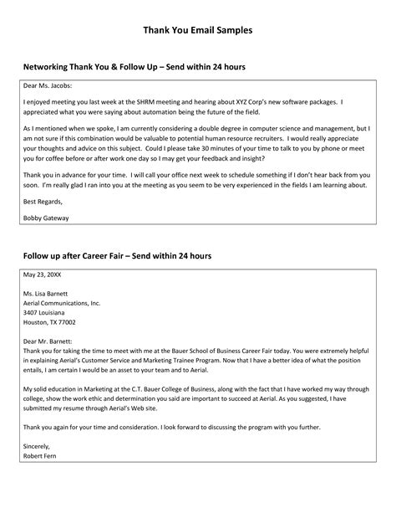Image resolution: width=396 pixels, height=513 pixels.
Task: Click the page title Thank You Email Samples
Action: (197, 30)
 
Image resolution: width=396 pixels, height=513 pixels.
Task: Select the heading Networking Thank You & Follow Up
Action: (134, 66)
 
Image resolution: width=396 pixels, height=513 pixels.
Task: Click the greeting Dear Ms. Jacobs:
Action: (48, 85)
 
